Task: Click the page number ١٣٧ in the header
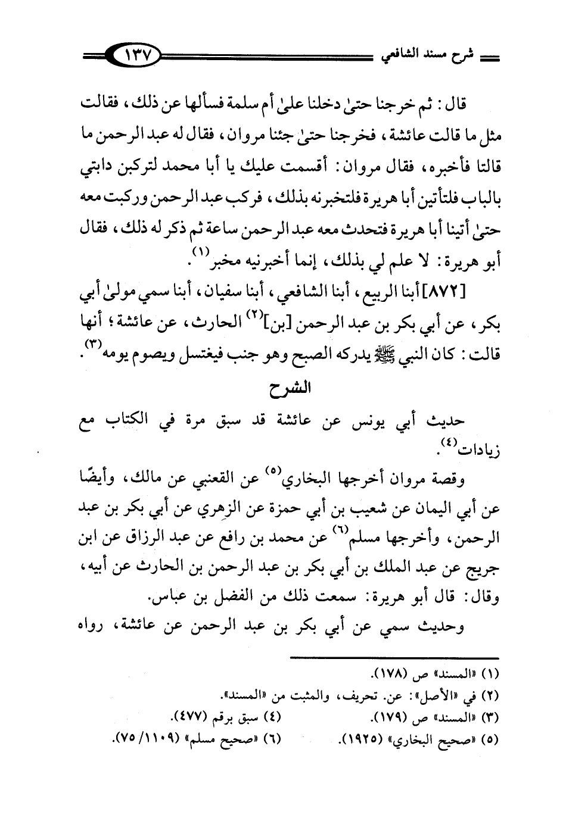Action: click(135, 58)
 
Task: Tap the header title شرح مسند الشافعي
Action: click(430, 58)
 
